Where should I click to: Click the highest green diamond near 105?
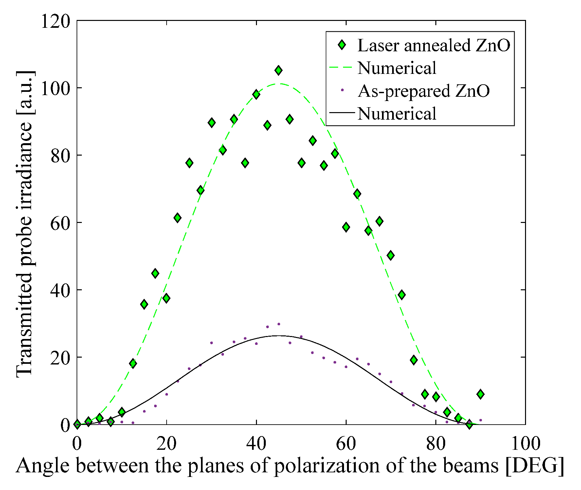click(x=278, y=70)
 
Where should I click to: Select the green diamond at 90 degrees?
click(x=480, y=394)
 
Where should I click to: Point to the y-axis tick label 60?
click(x=60, y=223)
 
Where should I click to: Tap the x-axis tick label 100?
click(x=525, y=444)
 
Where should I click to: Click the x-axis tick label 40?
click(x=256, y=444)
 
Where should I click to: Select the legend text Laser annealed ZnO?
click(x=433, y=45)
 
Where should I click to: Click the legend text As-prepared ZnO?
click(x=424, y=91)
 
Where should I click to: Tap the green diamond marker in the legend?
click(x=342, y=45)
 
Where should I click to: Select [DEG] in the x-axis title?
click(x=535, y=466)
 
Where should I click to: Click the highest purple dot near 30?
click(x=279, y=324)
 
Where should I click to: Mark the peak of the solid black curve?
click(x=278, y=336)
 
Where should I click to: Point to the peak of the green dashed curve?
click(x=278, y=84)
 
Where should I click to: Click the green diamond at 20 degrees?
click(x=166, y=298)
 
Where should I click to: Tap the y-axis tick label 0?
click(x=65, y=425)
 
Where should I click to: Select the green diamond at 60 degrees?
click(x=346, y=227)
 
